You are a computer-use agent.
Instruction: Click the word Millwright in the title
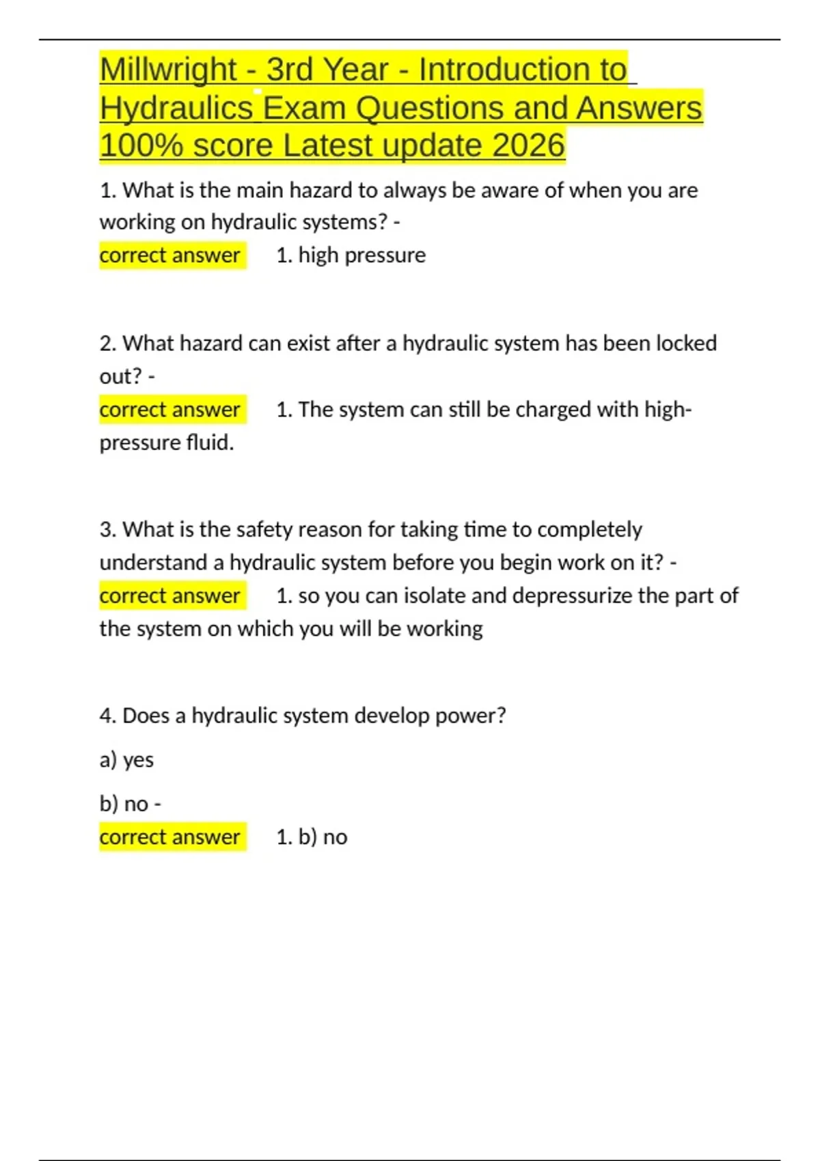(x=168, y=70)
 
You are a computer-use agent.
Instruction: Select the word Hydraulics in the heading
(x=176, y=108)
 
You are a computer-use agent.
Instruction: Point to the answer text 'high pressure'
(x=361, y=255)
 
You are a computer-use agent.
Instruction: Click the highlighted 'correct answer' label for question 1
(x=170, y=255)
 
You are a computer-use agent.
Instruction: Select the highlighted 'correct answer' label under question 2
(x=170, y=410)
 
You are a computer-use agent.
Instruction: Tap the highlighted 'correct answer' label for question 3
(x=170, y=596)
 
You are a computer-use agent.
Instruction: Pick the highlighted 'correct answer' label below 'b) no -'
(x=170, y=837)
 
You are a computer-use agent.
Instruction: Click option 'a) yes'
(x=126, y=759)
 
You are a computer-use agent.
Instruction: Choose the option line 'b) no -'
(x=130, y=804)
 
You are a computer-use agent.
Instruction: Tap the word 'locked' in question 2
(x=686, y=343)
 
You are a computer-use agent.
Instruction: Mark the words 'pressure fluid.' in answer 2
(x=167, y=443)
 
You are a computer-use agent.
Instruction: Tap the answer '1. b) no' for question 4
(x=312, y=837)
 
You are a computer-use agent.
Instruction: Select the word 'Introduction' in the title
(x=522, y=70)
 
